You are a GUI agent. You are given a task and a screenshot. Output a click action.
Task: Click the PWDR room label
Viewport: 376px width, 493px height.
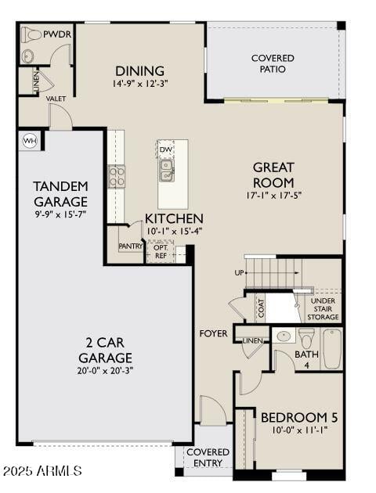57,34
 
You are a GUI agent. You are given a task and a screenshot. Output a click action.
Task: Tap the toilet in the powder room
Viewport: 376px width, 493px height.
31,34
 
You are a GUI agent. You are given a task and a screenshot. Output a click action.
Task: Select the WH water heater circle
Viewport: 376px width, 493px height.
30,141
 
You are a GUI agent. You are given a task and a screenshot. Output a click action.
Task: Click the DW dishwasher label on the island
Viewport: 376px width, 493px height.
165,149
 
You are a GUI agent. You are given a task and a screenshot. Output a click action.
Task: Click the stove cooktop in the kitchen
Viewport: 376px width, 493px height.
116,176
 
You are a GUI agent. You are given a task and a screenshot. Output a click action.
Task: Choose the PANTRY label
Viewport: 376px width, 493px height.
130,246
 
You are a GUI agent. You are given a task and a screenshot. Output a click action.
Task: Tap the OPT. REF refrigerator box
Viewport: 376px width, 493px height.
160,251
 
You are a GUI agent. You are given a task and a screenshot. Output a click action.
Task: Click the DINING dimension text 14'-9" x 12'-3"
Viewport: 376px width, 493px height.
141,84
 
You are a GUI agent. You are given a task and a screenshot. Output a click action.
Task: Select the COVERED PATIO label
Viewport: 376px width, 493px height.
273,63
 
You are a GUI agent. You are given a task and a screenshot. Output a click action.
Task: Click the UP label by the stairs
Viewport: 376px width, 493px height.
239,273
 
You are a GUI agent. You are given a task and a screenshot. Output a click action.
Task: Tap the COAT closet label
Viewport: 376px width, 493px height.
259,308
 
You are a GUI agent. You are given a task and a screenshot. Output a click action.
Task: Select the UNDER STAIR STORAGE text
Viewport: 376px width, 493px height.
323,308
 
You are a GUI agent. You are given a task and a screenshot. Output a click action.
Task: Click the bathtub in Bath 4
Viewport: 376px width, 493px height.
332,348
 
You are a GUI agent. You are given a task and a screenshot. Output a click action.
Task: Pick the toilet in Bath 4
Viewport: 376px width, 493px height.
306,338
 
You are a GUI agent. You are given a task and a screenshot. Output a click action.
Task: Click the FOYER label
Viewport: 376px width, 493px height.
214,333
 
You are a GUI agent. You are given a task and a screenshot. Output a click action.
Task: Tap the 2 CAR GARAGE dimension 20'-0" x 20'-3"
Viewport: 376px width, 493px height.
105,371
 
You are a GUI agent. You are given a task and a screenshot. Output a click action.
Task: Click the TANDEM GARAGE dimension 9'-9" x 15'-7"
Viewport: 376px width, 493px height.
60,212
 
